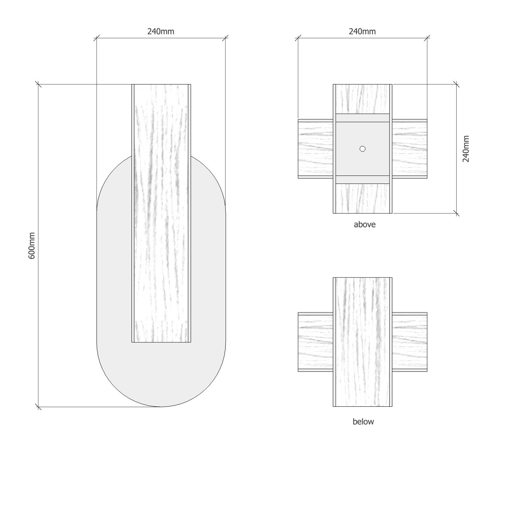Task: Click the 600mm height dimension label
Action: click(x=32, y=245)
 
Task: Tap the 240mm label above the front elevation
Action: click(x=161, y=31)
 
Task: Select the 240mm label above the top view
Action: click(x=362, y=31)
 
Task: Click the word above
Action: click(x=365, y=225)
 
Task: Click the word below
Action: click(x=363, y=422)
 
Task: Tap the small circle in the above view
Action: click(x=362, y=149)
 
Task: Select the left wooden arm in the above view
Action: click(x=315, y=149)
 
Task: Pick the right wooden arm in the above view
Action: click(x=410, y=149)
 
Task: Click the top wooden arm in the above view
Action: click(x=362, y=99)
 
